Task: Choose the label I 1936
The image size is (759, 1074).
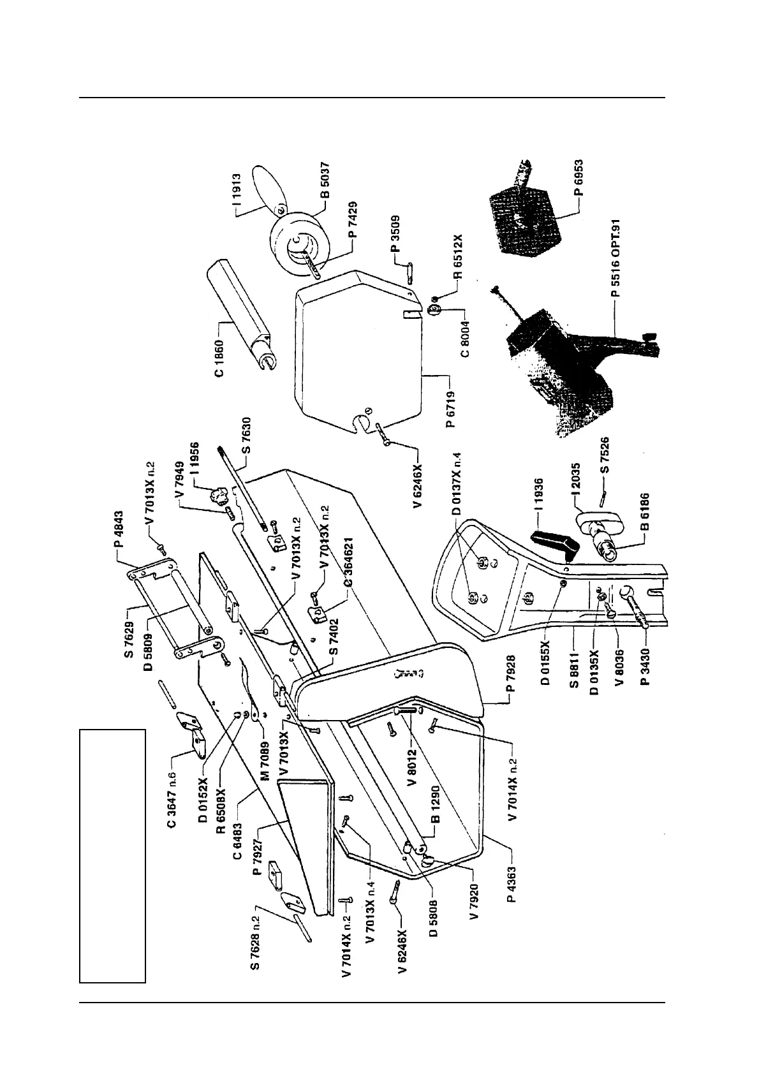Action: pos(540,495)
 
